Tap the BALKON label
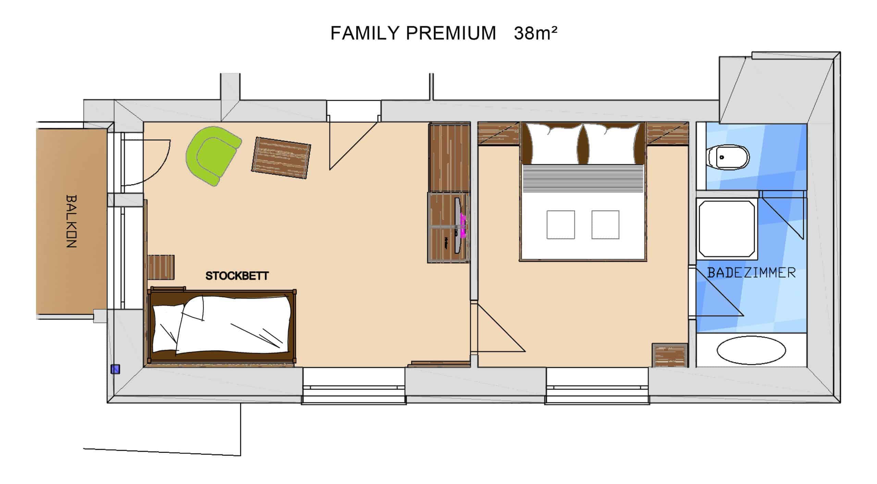pyautogui.click(x=71, y=221)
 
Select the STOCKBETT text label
pyautogui.click(x=237, y=276)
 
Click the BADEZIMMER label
pyautogui.click(x=751, y=273)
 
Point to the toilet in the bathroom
pyautogui.click(x=728, y=158)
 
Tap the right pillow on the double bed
pyautogui.click(x=612, y=144)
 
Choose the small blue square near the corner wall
pyautogui.click(x=115, y=369)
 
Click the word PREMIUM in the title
pyautogui.click(x=451, y=33)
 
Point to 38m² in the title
pyautogui.click(x=535, y=33)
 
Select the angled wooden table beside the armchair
pyautogui.click(x=281, y=158)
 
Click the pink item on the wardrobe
pyautogui.click(x=464, y=226)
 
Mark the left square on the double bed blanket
pyautogui.click(x=560, y=225)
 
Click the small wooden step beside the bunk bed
pyautogui.click(x=161, y=267)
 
